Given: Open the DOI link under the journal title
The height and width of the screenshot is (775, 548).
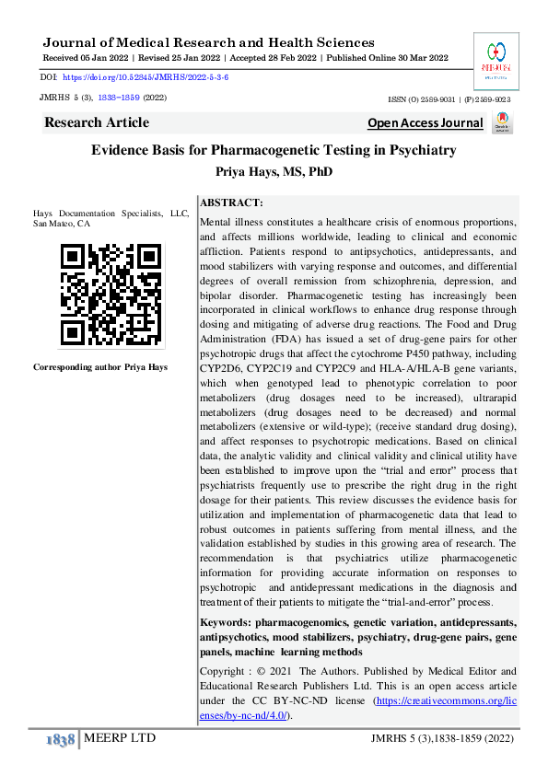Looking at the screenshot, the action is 146,78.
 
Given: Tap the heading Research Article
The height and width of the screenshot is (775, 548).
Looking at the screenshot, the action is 96,122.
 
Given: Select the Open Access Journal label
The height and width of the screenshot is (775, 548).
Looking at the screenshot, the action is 425,123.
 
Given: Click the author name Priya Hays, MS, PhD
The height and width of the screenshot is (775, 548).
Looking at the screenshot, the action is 274,172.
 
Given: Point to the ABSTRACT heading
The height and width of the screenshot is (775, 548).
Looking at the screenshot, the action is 231,202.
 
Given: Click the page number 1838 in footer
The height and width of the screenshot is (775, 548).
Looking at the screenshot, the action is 60,740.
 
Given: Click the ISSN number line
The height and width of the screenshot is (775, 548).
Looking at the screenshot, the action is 451,97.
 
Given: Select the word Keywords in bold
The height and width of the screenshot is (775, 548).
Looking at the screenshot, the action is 226,623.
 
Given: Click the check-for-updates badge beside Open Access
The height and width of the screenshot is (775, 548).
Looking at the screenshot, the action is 502,123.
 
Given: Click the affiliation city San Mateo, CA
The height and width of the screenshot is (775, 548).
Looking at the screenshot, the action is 62,224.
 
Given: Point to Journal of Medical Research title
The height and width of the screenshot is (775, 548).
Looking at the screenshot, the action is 208,42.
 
